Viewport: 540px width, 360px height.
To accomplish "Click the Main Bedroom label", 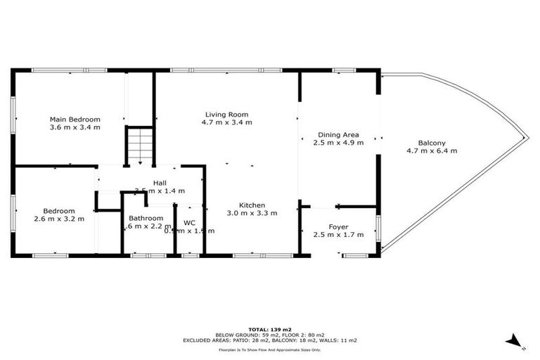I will pyautogui.click(x=75, y=119).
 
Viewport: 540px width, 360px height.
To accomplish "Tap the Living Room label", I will pyautogui.click(x=226, y=114).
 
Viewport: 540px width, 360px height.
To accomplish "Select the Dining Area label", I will pyautogui.click(x=338, y=134).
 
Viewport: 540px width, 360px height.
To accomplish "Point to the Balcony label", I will pyautogui.click(x=431, y=142).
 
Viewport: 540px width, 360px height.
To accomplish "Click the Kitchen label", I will pyautogui.click(x=251, y=205).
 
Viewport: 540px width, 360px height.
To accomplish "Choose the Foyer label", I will pyautogui.click(x=338, y=226).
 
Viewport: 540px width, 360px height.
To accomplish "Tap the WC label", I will pyautogui.click(x=189, y=223).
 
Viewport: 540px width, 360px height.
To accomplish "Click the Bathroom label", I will pyautogui.click(x=146, y=218).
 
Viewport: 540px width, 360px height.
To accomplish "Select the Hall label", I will pyautogui.click(x=160, y=182).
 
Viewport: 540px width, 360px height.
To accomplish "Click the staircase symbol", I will pyautogui.click(x=140, y=145).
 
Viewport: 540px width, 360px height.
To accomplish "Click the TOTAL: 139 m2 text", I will pyautogui.click(x=269, y=329).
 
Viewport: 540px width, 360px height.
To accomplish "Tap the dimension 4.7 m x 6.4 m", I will pyautogui.click(x=432, y=150).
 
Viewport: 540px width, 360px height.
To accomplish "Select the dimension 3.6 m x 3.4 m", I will pyautogui.click(x=75, y=127).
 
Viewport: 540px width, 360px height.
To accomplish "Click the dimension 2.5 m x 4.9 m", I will pyautogui.click(x=338, y=143).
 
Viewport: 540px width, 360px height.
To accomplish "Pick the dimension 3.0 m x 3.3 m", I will pyautogui.click(x=252, y=213).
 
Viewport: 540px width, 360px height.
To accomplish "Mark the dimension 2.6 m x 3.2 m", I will pyautogui.click(x=58, y=219).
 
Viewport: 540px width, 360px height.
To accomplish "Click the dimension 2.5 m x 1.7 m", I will pyautogui.click(x=338, y=235).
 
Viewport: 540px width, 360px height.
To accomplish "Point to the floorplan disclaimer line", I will pyautogui.click(x=269, y=349).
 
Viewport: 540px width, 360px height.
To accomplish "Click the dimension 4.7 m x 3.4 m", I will pyautogui.click(x=226, y=122).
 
